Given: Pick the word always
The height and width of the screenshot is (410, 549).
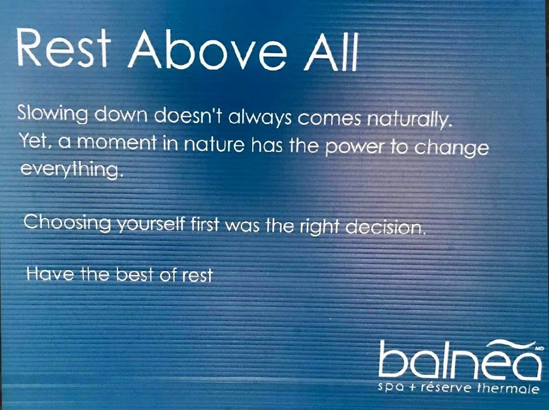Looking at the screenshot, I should (x=260, y=118).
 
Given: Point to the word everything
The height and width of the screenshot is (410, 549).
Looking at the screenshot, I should (x=71, y=169).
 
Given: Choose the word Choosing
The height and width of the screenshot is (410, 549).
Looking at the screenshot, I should (x=67, y=222).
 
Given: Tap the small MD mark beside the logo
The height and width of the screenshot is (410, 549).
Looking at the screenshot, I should (x=539, y=349).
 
